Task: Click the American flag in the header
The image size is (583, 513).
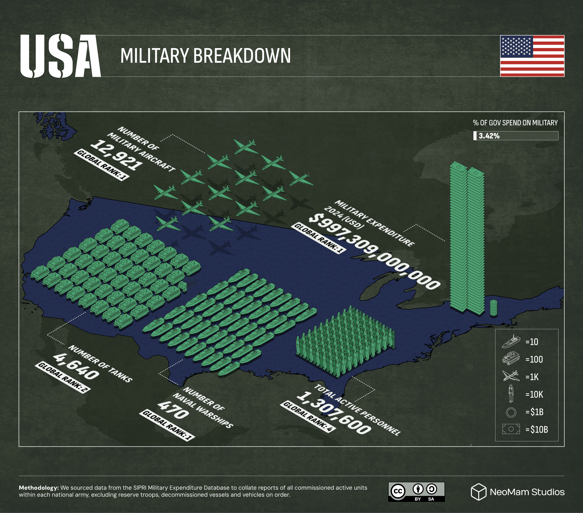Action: (532, 56)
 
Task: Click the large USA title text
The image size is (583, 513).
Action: (60, 56)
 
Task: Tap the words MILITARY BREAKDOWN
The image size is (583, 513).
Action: (205, 56)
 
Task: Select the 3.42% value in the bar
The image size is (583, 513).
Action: (489, 136)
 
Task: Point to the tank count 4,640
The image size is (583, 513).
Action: (76, 367)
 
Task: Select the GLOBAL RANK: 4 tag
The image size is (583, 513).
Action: (308, 417)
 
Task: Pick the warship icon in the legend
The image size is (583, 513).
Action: (511, 342)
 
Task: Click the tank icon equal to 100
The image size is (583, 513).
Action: (511, 359)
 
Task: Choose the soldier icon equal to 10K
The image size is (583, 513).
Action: (511, 394)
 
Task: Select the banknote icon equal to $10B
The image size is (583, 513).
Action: (511, 429)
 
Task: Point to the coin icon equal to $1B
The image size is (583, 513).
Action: (511, 412)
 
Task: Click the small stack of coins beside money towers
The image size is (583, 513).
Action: (493, 308)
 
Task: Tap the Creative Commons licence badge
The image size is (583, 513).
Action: (416, 492)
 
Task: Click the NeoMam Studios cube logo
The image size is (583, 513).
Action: (478, 492)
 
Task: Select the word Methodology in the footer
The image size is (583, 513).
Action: (39, 488)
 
